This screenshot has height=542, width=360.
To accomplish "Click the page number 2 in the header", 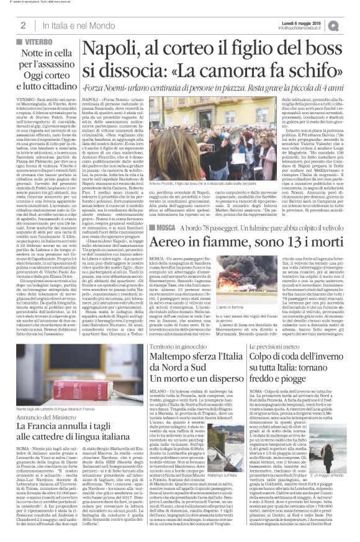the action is [23, 25].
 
